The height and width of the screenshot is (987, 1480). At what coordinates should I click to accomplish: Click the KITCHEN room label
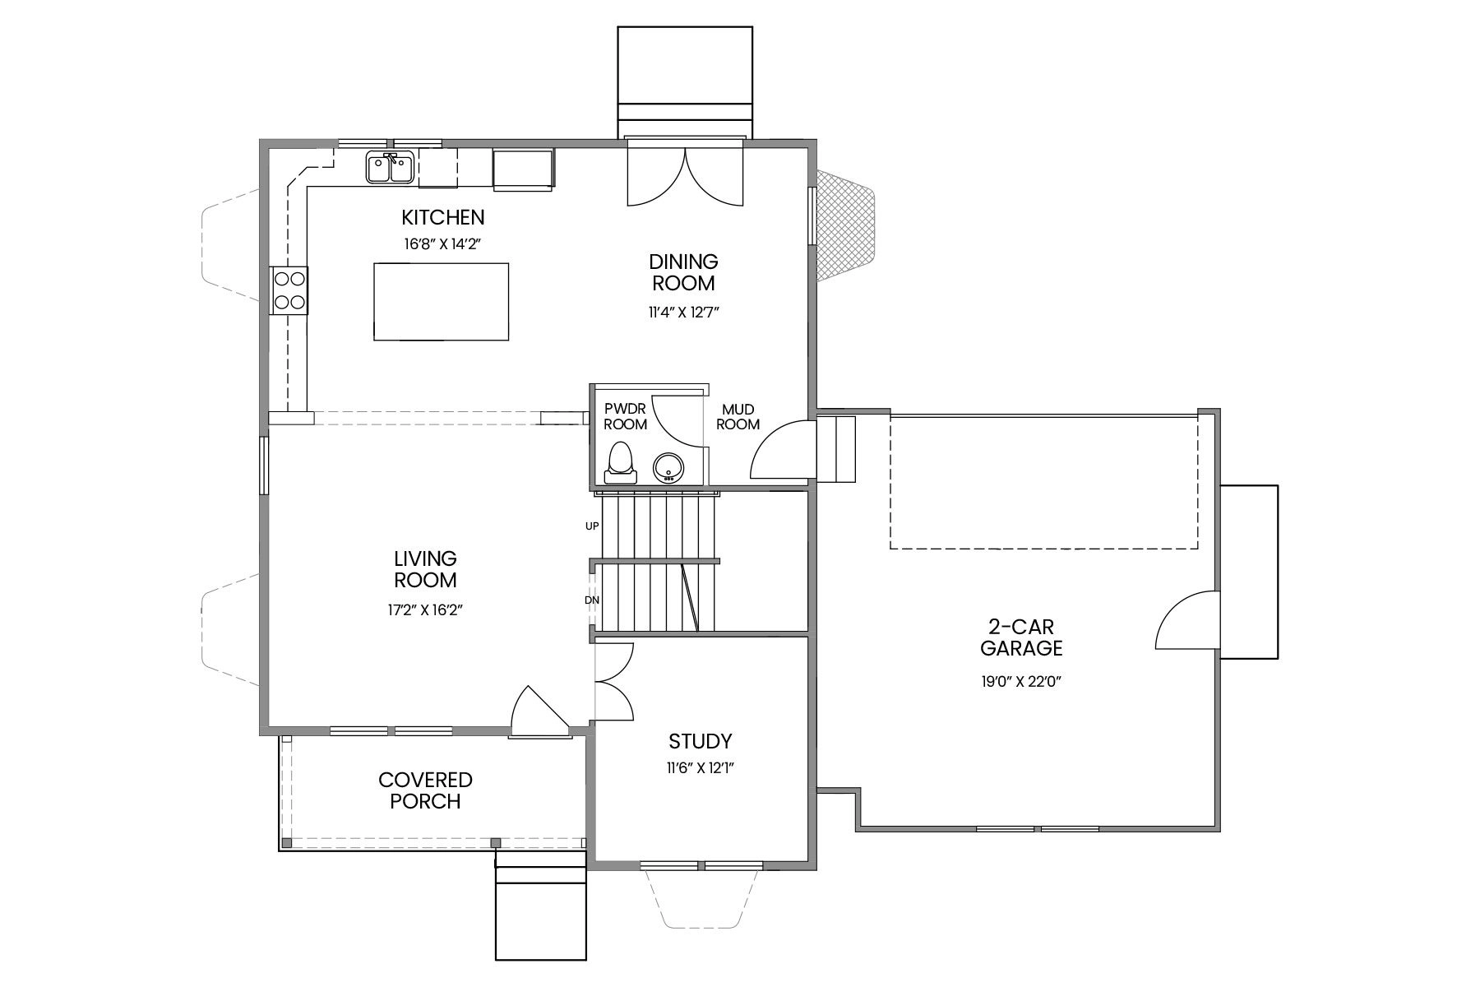point(442,218)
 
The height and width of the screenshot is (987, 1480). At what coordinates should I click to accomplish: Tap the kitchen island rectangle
point(441,301)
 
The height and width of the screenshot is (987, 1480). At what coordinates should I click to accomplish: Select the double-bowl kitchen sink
point(390,169)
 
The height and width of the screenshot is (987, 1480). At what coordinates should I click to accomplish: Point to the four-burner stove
point(289,290)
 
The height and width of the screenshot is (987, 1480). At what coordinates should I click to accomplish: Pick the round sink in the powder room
point(668,467)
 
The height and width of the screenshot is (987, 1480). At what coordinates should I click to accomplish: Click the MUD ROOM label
point(738,417)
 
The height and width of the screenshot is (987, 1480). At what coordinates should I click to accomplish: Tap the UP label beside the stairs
point(592,526)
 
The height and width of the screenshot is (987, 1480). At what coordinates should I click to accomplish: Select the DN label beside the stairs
point(592,600)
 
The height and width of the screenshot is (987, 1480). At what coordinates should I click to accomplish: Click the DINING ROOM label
point(683,272)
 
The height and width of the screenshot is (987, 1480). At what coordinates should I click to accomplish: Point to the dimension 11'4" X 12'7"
point(683,312)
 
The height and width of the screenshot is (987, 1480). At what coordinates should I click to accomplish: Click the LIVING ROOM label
point(425,569)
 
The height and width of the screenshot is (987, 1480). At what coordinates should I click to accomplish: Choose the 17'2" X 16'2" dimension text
point(425,609)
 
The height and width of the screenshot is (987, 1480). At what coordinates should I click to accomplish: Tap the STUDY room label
point(700,741)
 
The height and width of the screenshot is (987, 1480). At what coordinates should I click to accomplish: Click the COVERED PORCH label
point(425,790)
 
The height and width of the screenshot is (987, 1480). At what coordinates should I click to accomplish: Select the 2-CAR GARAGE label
point(1021,637)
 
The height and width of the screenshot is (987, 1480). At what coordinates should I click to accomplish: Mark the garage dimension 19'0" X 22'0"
point(1021,681)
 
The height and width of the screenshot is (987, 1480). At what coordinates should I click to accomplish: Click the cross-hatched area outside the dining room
point(844,228)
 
